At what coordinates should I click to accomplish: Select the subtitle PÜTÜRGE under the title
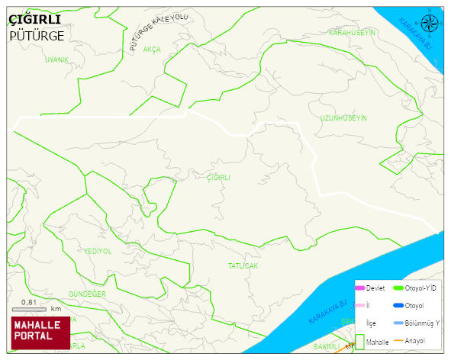(x=37, y=35)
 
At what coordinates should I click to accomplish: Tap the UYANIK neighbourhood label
(x=56, y=59)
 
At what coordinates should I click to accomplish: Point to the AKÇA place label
(x=152, y=49)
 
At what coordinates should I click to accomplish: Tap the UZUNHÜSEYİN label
(x=343, y=118)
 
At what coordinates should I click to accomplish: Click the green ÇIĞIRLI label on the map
(x=218, y=177)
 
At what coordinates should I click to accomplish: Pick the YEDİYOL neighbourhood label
(x=98, y=251)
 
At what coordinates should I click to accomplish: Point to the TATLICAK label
(x=243, y=266)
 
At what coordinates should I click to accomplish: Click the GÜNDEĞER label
(x=87, y=294)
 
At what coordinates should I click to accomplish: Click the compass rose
(x=430, y=23)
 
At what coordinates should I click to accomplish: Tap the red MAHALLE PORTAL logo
(x=40, y=331)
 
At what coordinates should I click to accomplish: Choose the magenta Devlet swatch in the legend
(x=360, y=288)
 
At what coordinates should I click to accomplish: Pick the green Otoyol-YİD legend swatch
(x=398, y=288)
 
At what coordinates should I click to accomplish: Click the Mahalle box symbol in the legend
(x=359, y=342)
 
